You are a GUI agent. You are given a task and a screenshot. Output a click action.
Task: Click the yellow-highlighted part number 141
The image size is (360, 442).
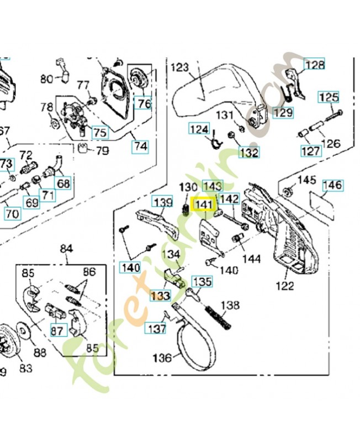coord(202,205)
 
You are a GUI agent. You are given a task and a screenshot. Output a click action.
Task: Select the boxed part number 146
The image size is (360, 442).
coord(332,185)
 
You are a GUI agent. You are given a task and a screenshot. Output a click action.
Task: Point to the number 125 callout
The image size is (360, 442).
coord(328,98)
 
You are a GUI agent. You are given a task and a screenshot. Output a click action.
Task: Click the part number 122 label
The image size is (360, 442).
coord(286,286)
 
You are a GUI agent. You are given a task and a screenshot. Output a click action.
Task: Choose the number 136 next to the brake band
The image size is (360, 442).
coord(162,358)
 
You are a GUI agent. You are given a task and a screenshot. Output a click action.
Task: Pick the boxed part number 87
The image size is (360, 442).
coord(57,330)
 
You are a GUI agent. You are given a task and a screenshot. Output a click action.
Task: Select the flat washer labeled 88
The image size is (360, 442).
coord(25,332)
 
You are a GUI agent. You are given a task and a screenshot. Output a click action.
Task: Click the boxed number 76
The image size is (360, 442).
coord(143,103)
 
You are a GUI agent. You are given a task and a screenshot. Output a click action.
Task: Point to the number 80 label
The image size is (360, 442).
coord(46,79)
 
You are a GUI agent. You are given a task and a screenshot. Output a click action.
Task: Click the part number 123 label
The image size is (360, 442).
coord(180,68)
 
